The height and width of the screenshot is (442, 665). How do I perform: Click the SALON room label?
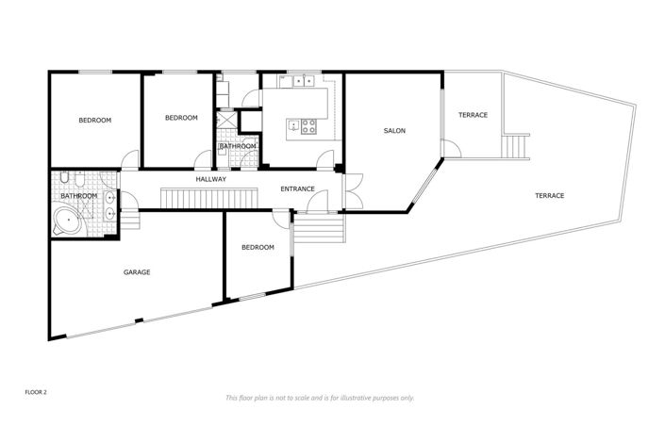(394, 131)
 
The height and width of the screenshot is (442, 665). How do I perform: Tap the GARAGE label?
(137, 272)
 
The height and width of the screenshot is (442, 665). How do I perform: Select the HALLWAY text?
(210, 179)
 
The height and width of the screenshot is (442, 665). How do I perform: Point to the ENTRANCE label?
(297, 189)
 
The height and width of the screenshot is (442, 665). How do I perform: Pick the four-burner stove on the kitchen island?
(310, 123)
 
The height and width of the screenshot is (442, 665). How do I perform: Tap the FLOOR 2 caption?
(36, 389)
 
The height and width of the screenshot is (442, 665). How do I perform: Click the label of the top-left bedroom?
(94, 120)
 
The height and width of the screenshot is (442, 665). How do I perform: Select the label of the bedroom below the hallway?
(258, 247)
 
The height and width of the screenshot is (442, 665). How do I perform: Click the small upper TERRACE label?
(473, 115)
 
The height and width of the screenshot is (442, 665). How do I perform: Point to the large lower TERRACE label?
(549, 196)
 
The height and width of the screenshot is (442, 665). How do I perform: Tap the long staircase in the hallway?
(208, 197)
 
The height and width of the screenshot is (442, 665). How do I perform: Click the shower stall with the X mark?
(226, 123)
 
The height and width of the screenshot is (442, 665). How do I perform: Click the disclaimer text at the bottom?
(319, 398)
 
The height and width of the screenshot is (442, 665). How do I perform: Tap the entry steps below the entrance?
(319, 228)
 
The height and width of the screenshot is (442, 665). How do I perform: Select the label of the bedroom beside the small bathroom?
(181, 118)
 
